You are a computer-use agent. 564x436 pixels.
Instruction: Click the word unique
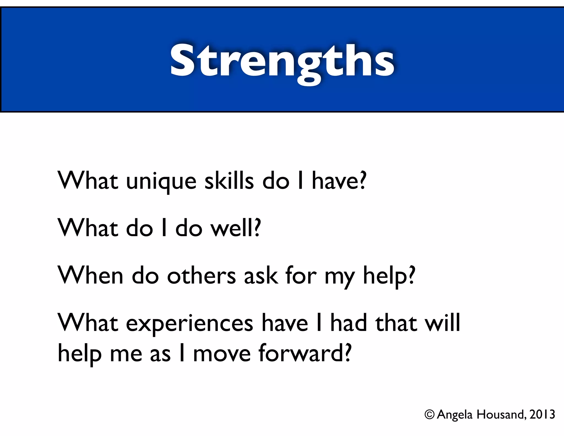point(161,182)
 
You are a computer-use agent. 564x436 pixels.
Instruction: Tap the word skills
point(229,181)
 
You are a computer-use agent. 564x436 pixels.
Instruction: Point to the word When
point(90,275)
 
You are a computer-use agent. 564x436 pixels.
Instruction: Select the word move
point(222,354)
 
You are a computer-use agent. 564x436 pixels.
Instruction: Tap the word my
point(340,277)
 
